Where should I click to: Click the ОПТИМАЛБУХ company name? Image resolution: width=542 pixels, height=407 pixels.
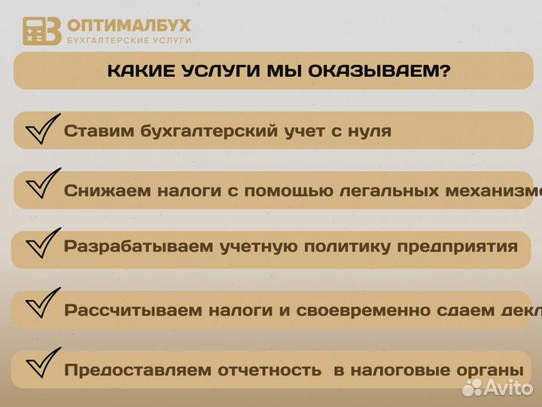click(x=129, y=25)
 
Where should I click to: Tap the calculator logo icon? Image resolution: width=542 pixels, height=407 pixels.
click(x=41, y=30)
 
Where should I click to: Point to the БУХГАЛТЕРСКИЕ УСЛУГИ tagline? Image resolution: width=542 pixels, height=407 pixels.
click(x=129, y=40)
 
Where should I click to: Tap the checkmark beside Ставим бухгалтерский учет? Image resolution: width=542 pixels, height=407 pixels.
click(x=42, y=129)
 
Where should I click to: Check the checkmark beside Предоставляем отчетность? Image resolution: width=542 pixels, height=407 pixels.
click(x=42, y=366)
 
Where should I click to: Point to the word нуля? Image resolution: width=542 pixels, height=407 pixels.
click(x=368, y=130)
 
